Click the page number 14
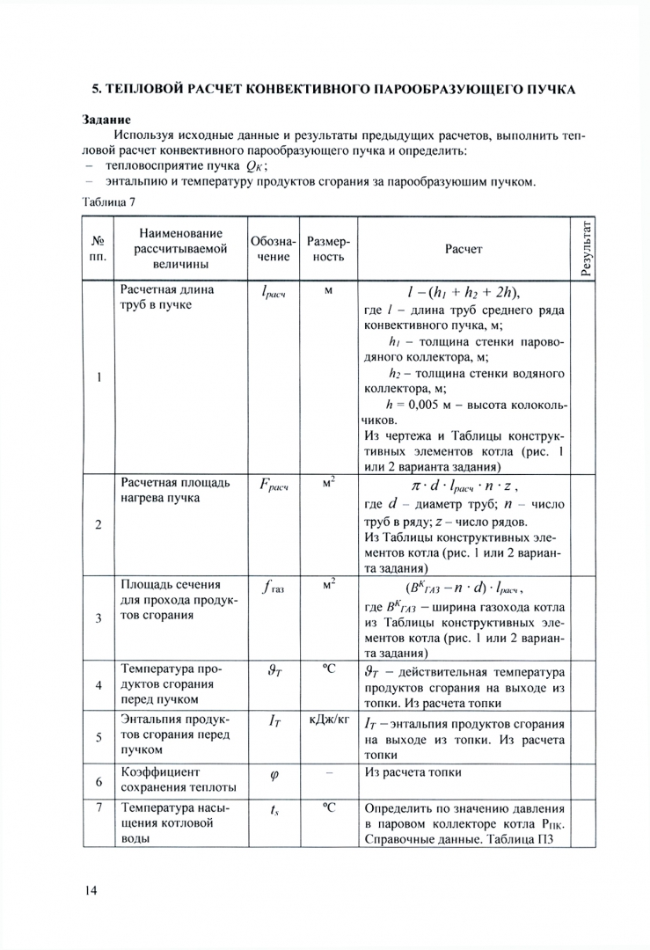(90, 890)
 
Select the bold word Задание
(107, 118)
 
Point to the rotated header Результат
(587, 249)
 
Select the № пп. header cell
(99, 249)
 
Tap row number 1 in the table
(99, 378)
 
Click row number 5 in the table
(99, 735)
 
